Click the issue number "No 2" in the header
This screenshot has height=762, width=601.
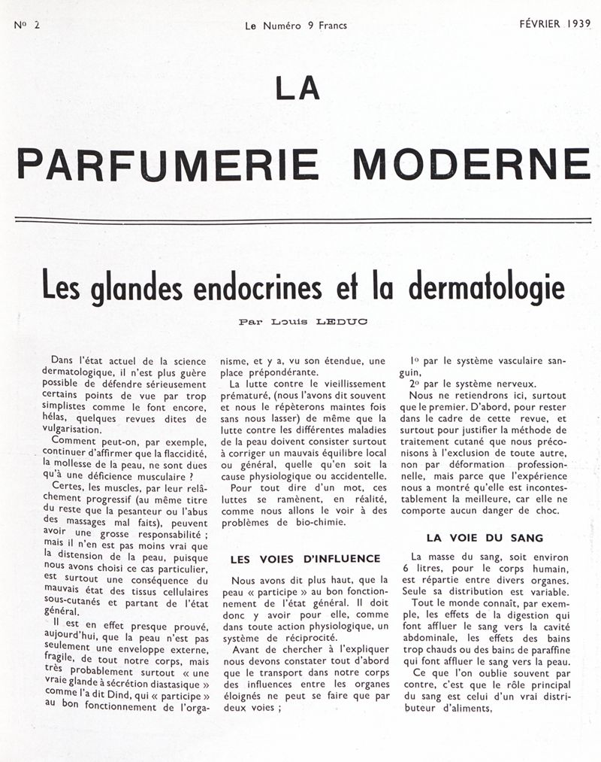coord(26,24)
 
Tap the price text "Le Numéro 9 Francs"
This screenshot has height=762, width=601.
coord(296,25)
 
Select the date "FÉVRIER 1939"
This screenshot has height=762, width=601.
coord(555,24)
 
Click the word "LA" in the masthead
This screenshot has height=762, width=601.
coord(298,89)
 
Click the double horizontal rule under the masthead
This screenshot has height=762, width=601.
coord(300,220)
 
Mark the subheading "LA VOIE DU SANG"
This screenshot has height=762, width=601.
coord(485,538)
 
